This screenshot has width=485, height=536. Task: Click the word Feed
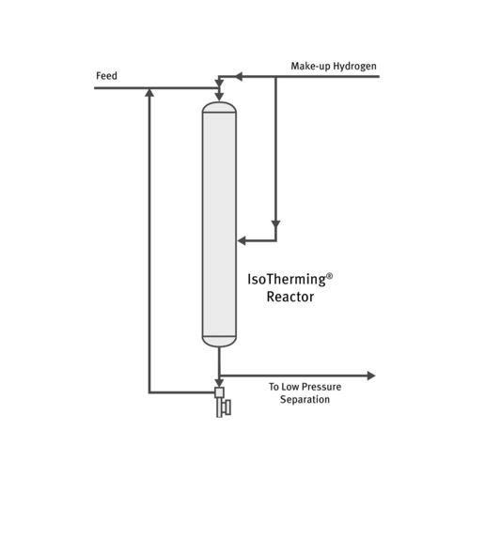coord(106,75)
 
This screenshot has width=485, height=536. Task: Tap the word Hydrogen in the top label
coord(354,66)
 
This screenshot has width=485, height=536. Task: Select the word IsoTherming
coord(286,280)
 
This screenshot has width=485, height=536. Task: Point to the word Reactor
coord(290,298)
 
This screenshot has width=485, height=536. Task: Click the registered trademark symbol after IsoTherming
coord(330,276)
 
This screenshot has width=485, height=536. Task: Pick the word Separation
coord(305,400)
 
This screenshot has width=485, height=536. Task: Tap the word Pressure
coord(321,387)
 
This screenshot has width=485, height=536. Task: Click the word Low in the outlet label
coord(289,387)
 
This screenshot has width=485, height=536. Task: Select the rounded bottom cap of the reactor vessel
coord(219,341)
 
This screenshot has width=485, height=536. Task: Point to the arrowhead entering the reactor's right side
coord(242,240)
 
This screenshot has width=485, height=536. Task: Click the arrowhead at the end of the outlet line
coord(370,375)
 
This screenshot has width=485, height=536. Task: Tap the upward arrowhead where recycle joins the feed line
coord(149,93)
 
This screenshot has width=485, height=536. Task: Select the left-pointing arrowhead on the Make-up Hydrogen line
coord(239,76)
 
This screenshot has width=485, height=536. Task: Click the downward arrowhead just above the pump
coord(219,383)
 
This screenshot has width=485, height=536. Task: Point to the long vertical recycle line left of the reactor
coord(149,244)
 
